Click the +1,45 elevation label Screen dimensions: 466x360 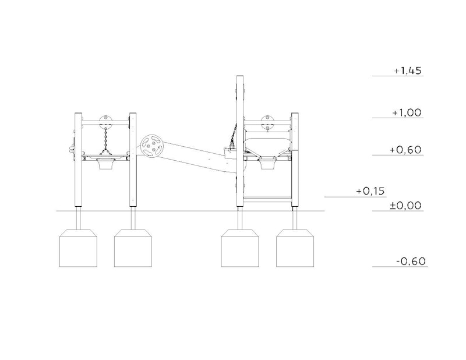tap(408, 70)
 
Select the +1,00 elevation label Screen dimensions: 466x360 tap(407, 112)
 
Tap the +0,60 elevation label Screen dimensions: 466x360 tap(405, 150)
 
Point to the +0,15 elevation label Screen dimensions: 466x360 tap(370, 191)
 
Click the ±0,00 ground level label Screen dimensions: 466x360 tap(405, 206)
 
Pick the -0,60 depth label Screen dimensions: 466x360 tap(411, 262)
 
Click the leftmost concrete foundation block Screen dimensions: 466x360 tap(78, 248)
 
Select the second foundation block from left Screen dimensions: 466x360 tap(133, 248)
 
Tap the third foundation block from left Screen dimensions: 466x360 tap(240, 248)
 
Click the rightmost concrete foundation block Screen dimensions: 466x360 tap(295, 248)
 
